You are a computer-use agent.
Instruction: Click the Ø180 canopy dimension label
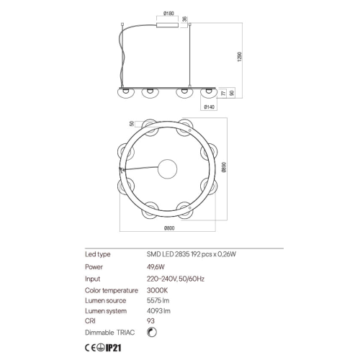168,14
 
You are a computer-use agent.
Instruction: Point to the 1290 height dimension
240,57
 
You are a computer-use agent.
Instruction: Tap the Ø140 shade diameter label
209,107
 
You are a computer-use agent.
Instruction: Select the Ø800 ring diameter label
169,228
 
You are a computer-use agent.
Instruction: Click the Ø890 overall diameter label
224,167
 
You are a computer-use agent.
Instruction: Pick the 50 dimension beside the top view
132,124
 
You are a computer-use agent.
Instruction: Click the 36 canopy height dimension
184,19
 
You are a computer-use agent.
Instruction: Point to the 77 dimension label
224,93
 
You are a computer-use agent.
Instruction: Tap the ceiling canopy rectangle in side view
168,25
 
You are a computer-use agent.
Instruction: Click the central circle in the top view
167,169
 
